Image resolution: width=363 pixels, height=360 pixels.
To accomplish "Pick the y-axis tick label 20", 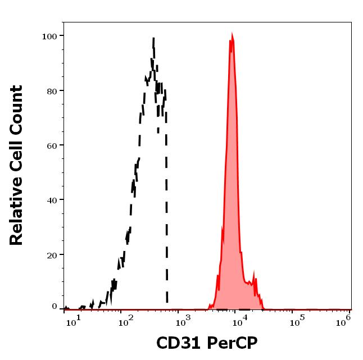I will point(52,254).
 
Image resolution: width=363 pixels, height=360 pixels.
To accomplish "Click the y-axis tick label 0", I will point(55,307).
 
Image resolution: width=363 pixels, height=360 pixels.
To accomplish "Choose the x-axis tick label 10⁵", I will point(295,321).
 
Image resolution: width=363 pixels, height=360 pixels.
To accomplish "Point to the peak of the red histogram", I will point(231,37).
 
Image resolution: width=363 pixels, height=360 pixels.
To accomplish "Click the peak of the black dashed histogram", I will point(153,39).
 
